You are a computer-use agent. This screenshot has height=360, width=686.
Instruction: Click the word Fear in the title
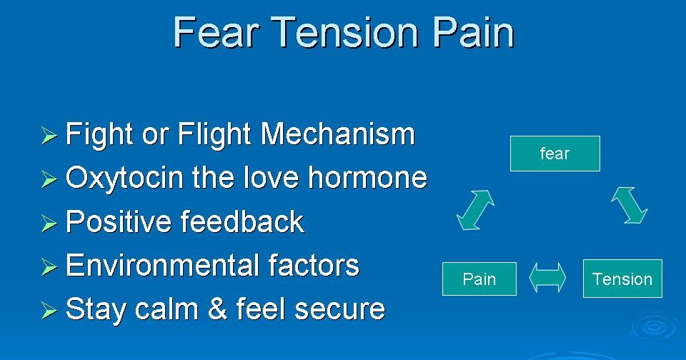(217, 33)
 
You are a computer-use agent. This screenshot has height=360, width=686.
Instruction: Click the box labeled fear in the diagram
(555, 154)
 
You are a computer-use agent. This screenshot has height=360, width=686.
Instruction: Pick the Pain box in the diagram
(479, 279)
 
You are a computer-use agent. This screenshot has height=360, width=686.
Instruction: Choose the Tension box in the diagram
(622, 279)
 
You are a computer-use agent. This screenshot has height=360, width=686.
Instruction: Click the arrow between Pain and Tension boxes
(547, 278)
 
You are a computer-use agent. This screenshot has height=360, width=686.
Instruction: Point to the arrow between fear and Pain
(476, 211)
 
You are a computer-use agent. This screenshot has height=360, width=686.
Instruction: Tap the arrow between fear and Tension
(629, 206)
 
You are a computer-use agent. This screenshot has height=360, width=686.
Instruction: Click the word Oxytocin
(125, 179)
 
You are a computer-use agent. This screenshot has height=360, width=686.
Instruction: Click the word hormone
(367, 178)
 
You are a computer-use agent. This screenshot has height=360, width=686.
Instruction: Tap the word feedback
(242, 222)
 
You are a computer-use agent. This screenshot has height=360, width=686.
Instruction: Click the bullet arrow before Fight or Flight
(48, 136)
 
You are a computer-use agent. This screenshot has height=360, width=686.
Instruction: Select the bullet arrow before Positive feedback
(48, 224)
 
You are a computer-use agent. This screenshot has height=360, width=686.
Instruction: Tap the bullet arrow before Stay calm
(48, 311)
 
